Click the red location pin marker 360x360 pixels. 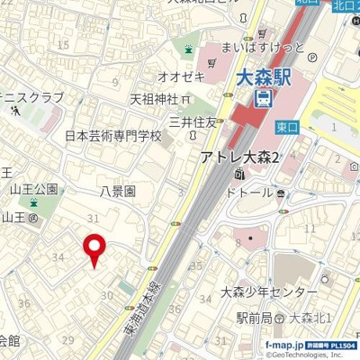tap(94, 249)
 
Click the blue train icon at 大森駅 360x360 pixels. tap(264, 97)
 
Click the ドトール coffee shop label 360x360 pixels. tap(253, 193)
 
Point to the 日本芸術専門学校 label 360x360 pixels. tap(113, 137)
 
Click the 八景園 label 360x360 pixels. tap(118, 191)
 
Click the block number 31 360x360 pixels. tap(92, 219)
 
